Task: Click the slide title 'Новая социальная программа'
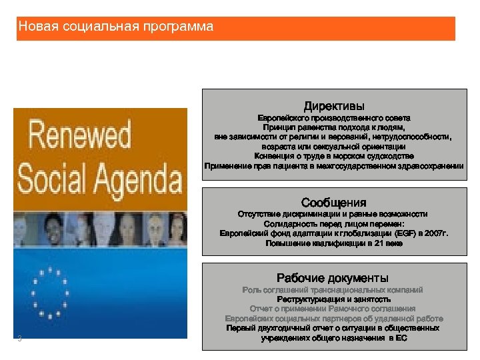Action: click(116, 27)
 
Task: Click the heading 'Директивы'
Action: click(334, 106)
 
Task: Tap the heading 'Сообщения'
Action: click(333, 202)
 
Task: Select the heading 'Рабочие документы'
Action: click(333, 277)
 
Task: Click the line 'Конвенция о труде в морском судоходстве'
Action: click(333, 155)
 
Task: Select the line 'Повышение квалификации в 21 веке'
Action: click(333, 243)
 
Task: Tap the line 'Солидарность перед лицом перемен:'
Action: click(333, 224)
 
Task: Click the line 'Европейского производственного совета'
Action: click(333, 117)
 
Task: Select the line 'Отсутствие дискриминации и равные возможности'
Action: click(333, 214)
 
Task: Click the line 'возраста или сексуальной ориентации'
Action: click(333, 146)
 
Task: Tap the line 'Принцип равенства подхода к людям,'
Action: click(333, 127)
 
